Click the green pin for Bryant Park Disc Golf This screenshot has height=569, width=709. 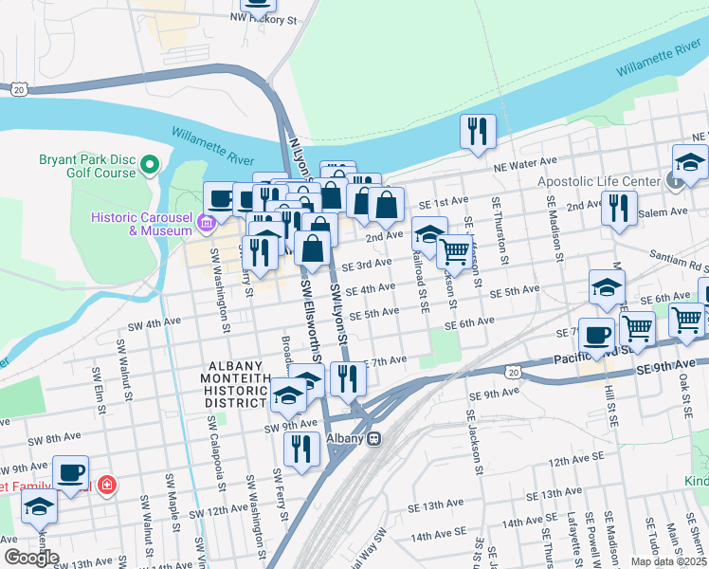(x=149, y=167)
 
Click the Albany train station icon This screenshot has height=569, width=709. (x=375, y=439)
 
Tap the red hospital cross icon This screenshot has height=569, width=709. (x=106, y=485)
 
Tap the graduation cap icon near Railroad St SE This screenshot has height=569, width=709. (x=429, y=233)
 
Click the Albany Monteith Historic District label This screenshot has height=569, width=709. (x=238, y=384)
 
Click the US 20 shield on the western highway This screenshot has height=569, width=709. (x=20, y=88)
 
